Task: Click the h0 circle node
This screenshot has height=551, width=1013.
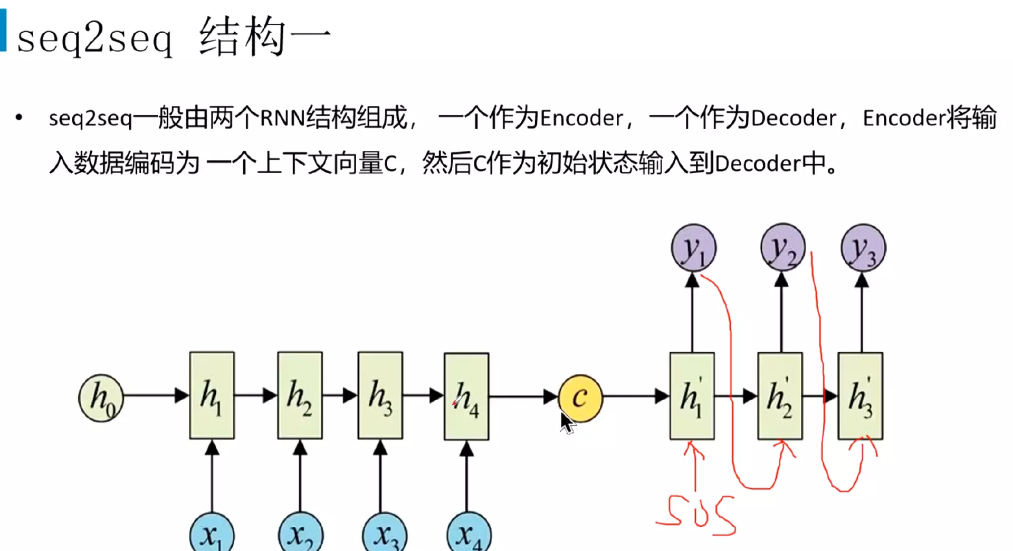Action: (101, 398)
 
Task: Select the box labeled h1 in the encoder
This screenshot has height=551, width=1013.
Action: (212, 395)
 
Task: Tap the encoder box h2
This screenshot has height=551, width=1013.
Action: (300, 395)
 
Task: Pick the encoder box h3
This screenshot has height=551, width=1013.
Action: (380, 395)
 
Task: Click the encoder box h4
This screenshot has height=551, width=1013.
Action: (466, 397)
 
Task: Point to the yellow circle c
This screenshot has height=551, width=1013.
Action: (580, 398)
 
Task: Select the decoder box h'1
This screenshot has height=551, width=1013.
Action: (692, 396)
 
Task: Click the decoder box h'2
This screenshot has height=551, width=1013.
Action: (780, 396)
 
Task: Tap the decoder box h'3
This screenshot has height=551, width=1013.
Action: (860, 396)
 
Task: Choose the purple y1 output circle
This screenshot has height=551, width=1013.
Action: (693, 248)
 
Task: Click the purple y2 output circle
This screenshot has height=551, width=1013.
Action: (783, 247)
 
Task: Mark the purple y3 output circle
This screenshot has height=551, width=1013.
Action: (863, 248)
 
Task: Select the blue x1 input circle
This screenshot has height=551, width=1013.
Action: (212, 534)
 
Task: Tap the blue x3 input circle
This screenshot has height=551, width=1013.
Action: (385, 534)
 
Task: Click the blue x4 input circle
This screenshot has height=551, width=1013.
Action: (469, 534)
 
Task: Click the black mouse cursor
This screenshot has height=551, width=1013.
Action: (566, 423)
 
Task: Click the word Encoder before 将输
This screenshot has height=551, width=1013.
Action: (904, 118)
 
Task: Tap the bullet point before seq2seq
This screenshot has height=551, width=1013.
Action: (19, 118)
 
